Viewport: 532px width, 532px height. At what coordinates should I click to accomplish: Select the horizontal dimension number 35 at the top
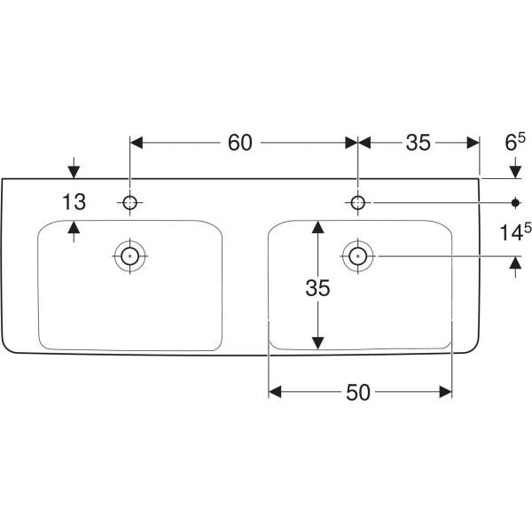tap(418, 142)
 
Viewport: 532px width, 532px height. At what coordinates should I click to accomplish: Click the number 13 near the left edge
tap(74, 202)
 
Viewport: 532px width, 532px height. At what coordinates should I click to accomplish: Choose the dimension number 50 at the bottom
tap(359, 391)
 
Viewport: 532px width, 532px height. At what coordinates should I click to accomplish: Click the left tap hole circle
tap(130, 203)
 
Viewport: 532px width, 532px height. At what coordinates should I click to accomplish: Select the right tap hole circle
tap(357, 203)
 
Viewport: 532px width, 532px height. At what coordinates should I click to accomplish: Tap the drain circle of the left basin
tap(130, 256)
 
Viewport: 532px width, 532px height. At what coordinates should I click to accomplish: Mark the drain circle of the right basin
tap(357, 256)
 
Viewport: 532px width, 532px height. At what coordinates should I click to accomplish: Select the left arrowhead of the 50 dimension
tap(275, 391)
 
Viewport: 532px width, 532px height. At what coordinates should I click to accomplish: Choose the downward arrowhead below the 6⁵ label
tap(515, 171)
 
